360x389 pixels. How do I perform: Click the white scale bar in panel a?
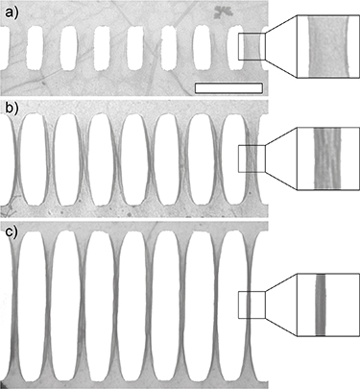[228, 88]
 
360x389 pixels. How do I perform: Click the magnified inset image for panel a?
[326, 47]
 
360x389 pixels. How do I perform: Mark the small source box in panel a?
[251, 47]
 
